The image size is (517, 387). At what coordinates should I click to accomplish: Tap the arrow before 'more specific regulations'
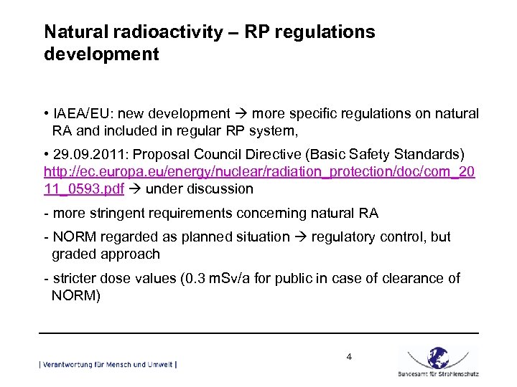(x=241, y=114)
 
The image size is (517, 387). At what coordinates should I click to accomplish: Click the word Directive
(x=274, y=156)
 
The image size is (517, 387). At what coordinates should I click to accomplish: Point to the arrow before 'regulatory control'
(x=300, y=236)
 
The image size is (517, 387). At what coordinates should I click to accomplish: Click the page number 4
(x=349, y=356)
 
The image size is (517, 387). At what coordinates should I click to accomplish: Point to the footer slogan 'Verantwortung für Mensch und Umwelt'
(x=108, y=365)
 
